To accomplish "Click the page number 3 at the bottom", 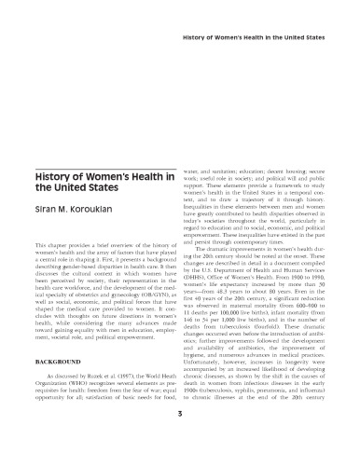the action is click(x=179, y=439).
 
